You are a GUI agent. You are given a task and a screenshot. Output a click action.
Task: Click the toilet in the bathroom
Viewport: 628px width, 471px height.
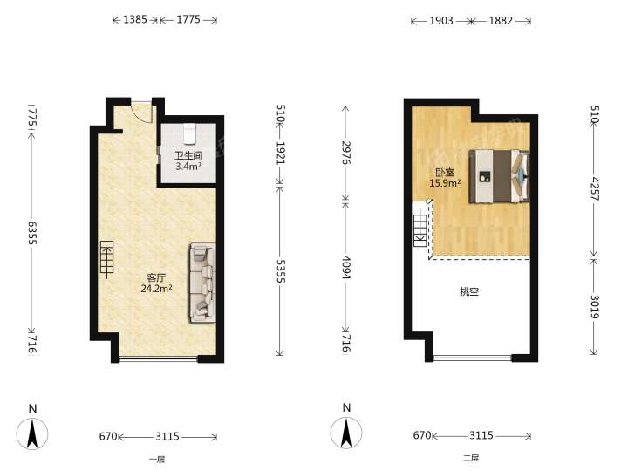pos(189,133)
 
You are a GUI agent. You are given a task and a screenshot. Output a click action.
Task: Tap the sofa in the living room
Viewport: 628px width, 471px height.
pos(202,283)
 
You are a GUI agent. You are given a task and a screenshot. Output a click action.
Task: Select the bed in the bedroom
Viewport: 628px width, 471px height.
pos(500,176)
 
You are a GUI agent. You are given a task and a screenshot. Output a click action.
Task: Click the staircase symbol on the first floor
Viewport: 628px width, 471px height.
pos(106,259)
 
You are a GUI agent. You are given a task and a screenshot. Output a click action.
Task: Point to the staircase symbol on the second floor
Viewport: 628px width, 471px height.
pos(420,230)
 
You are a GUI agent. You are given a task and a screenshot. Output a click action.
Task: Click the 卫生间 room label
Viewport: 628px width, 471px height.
pos(188,155)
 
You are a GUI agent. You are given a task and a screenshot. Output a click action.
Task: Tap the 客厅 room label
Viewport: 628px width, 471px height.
pos(156,277)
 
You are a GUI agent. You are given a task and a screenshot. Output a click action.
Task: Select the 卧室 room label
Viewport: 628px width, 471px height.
pos(445,173)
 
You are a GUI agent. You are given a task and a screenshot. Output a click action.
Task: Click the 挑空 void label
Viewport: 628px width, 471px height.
pos(469,291)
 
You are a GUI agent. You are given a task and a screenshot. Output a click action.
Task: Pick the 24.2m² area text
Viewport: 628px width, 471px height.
pos(157,289)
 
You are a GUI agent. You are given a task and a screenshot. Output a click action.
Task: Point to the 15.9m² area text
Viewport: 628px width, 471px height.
pos(445,183)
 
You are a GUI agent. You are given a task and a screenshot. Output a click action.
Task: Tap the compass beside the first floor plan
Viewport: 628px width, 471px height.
pos(32,433)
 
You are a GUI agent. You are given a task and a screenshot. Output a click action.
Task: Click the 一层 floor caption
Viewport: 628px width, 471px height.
pos(157,460)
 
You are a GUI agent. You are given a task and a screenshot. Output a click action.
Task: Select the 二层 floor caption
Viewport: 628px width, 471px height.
pos(471,458)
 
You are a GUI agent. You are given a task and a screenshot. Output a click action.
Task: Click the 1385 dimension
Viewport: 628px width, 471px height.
pos(135,19)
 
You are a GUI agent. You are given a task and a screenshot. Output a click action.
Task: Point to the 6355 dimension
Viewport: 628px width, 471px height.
pos(33,232)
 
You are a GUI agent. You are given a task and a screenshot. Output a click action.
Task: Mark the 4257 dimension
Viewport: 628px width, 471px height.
pos(595,188)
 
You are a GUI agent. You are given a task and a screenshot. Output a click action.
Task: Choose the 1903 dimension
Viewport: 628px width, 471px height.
pos(441,20)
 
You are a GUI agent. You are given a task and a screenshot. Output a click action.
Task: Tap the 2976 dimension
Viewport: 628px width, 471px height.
pos(346,152)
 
